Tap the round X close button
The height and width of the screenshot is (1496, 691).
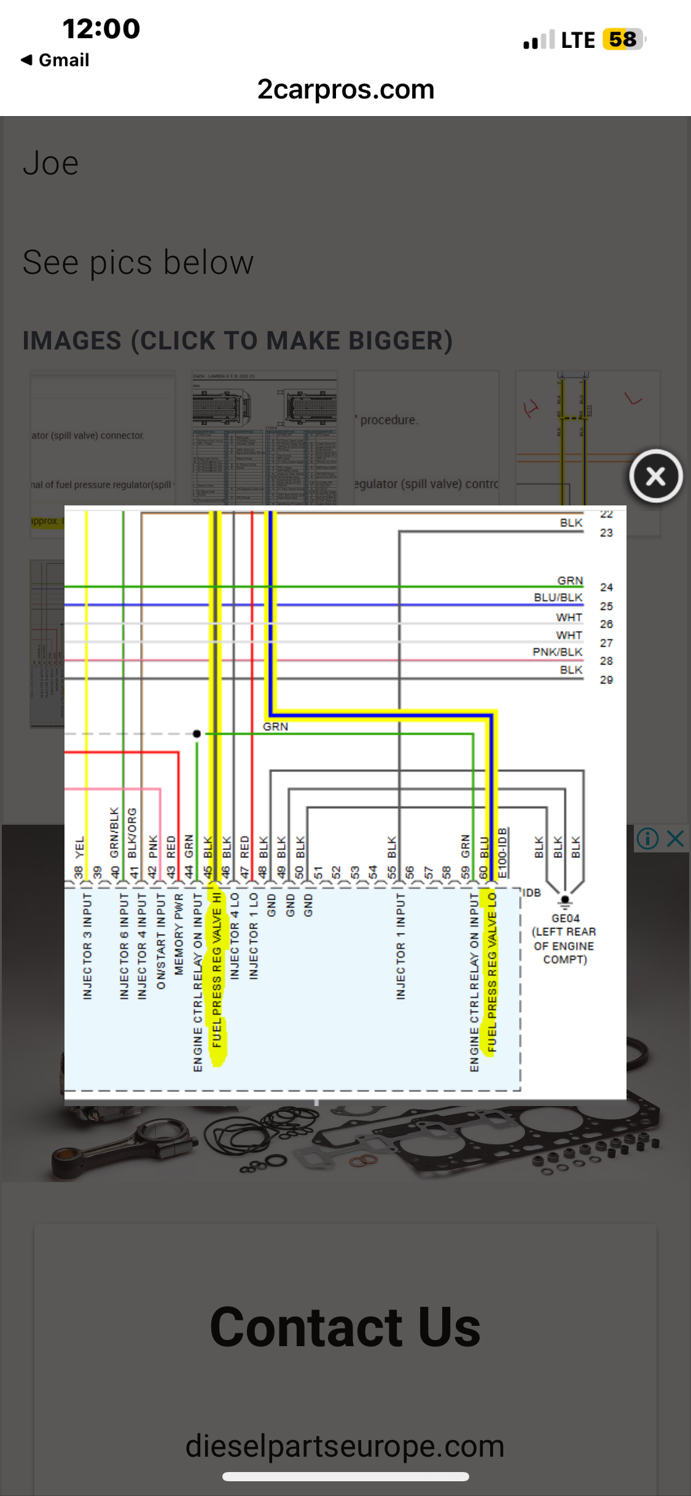click(655, 476)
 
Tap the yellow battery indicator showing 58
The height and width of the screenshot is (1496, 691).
click(623, 39)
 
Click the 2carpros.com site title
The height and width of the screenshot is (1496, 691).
click(345, 90)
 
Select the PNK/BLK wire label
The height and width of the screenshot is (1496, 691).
click(557, 652)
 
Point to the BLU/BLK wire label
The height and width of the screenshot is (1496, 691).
click(558, 598)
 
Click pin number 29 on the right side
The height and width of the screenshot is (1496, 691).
click(606, 680)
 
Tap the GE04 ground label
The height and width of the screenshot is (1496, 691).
click(565, 918)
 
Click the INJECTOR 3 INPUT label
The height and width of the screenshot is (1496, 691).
click(87, 946)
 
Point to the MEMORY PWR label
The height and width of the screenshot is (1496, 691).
click(179, 934)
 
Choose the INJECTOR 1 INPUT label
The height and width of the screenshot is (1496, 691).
click(400, 946)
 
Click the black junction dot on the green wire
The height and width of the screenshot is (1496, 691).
click(197, 734)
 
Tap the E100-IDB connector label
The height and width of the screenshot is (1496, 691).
click(502, 853)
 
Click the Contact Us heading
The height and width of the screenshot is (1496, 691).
click(345, 1327)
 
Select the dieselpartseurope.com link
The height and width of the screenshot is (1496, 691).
click(345, 1446)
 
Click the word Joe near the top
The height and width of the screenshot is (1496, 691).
click(51, 163)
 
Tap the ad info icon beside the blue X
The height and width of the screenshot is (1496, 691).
click(647, 838)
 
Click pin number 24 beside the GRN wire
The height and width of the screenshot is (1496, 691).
click(606, 588)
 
